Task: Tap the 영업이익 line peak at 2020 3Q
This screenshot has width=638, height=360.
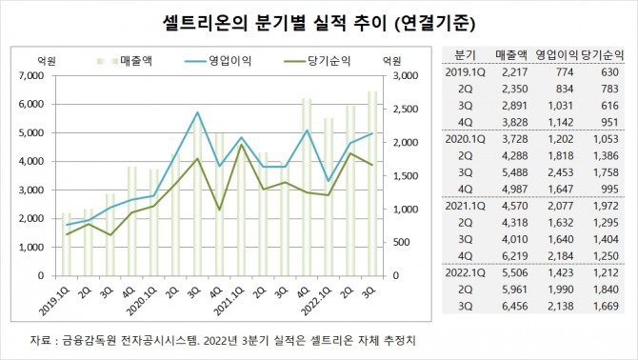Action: click(197, 112)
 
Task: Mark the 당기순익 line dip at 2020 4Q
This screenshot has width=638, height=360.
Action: click(219, 210)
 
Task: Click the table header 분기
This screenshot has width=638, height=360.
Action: click(466, 55)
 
